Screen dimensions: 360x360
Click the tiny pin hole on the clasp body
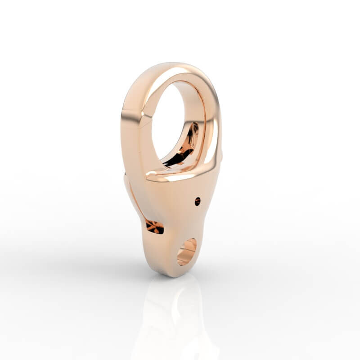[x=197, y=201]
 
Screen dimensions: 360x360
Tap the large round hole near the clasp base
[x=186, y=251]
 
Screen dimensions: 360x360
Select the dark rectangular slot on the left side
[x=154, y=226]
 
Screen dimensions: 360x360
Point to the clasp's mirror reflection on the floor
[x=173, y=315]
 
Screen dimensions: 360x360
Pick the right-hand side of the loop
[x=211, y=117]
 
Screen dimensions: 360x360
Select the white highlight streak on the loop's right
[x=215, y=135]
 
